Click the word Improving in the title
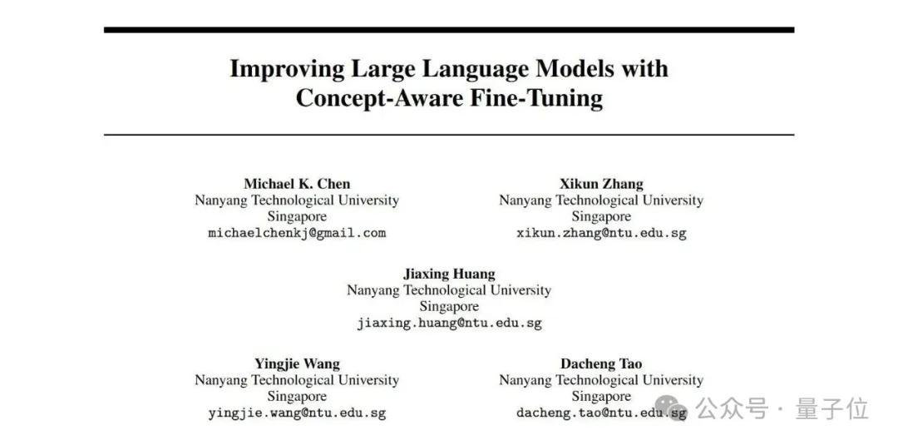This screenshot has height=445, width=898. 287,69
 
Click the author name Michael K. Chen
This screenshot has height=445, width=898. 297,184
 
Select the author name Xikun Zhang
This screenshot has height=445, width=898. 601,184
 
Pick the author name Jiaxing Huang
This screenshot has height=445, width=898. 449,274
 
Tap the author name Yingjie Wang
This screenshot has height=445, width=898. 297,363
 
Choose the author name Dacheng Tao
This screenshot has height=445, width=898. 601,363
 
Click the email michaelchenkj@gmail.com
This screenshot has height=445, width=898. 297,233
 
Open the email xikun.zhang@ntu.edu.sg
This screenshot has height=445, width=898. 601,233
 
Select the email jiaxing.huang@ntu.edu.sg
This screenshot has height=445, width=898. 449,323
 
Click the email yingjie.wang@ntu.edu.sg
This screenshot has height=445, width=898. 297,413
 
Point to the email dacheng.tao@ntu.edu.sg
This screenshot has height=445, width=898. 601,413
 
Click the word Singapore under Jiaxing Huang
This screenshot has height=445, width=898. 449,306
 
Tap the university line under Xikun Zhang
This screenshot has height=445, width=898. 601,200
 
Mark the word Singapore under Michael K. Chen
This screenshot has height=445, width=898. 297,216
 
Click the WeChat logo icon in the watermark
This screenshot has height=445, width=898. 671,408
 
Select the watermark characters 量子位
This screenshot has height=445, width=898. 832,409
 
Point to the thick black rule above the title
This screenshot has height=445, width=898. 449,30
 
